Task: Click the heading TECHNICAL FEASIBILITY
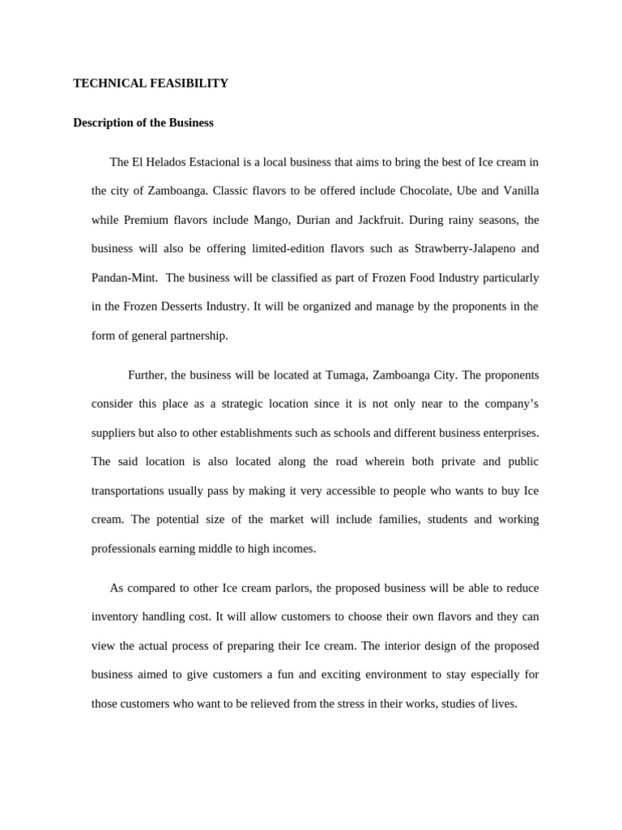[151, 83]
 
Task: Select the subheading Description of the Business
[143, 123]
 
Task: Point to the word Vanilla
[518, 191]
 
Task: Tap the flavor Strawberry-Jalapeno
[461, 249]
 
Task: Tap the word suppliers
[114, 433]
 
